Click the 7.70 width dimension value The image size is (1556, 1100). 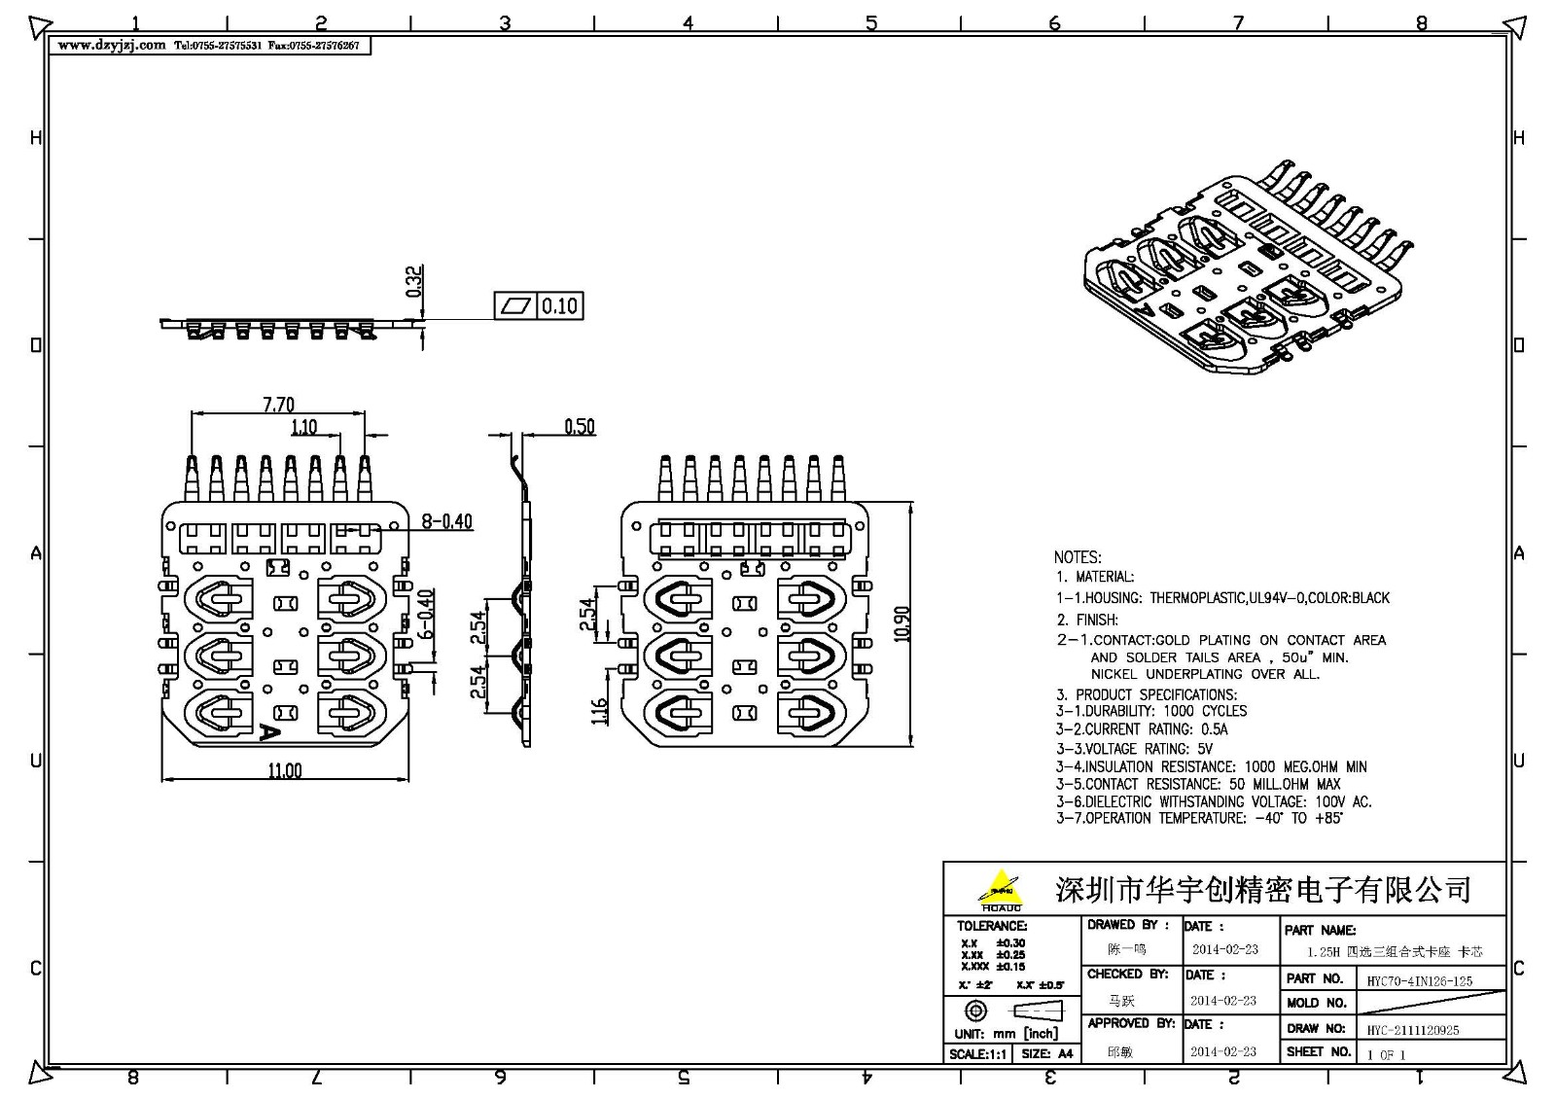click(278, 404)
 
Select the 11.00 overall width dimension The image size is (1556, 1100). click(285, 770)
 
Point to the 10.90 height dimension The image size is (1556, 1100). click(902, 623)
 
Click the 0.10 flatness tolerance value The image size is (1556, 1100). click(559, 306)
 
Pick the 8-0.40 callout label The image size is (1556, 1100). click(446, 521)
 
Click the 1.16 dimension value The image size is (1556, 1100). click(599, 711)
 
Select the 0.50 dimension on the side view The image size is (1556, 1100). click(580, 426)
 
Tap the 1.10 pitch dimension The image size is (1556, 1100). click(303, 427)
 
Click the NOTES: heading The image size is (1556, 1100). click(1078, 557)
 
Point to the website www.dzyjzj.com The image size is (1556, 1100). click(112, 46)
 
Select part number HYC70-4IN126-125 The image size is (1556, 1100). click(1419, 981)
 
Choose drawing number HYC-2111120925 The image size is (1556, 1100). click(1412, 1030)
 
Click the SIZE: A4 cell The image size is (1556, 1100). click(1046, 1053)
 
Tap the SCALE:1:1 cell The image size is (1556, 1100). click(978, 1053)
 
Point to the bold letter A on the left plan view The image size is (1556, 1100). click(269, 732)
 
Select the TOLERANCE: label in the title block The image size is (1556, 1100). click(991, 926)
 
